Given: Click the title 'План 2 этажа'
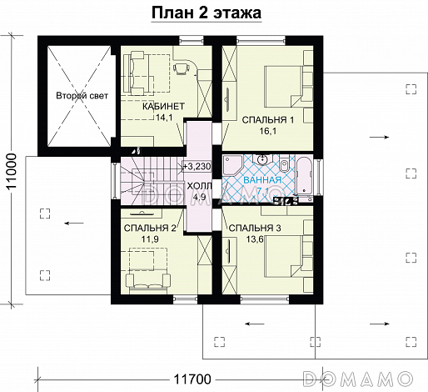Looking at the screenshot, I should pos(207,13).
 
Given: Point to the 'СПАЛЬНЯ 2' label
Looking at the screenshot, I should pos(150,227).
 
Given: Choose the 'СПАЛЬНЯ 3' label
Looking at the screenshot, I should pos(253,227).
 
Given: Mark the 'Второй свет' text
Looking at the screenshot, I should pos(78,97).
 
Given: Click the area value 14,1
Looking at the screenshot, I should pos(165,118).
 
